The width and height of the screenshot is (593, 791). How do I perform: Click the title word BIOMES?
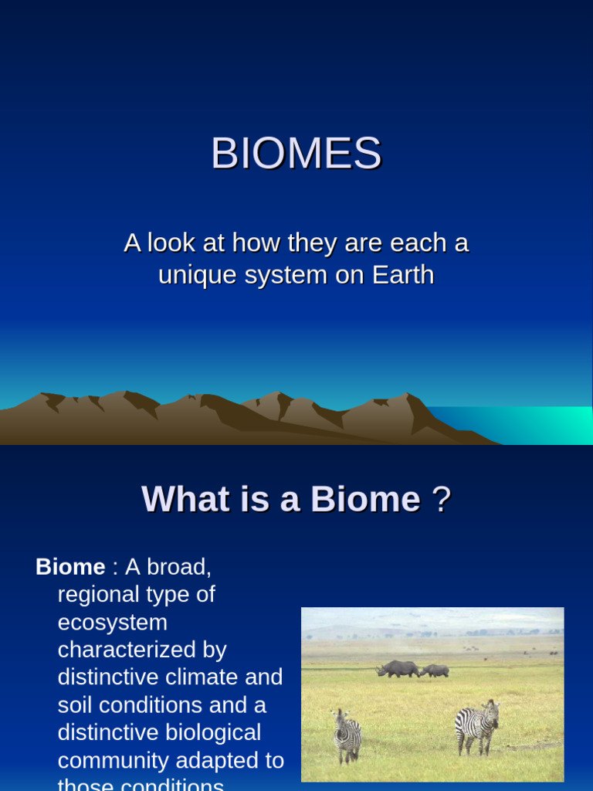coord(296,154)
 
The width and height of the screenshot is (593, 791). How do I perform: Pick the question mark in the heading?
coord(441,500)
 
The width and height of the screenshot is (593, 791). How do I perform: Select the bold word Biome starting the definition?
coord(70,567)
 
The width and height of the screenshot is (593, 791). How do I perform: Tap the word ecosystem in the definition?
coord(113,623)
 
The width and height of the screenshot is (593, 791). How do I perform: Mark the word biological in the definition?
coord(213,732)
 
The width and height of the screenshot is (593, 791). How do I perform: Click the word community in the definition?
coord(114,760)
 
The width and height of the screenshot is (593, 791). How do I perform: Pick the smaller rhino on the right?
coord(435,670)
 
